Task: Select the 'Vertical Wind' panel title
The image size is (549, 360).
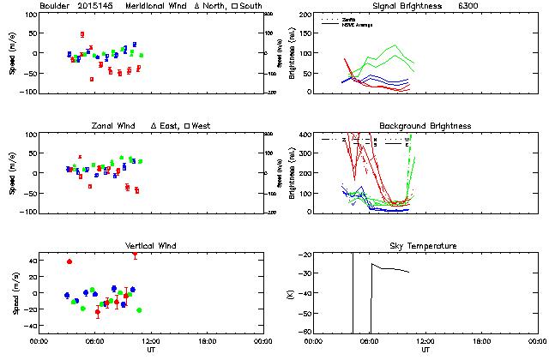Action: click(150, 246)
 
